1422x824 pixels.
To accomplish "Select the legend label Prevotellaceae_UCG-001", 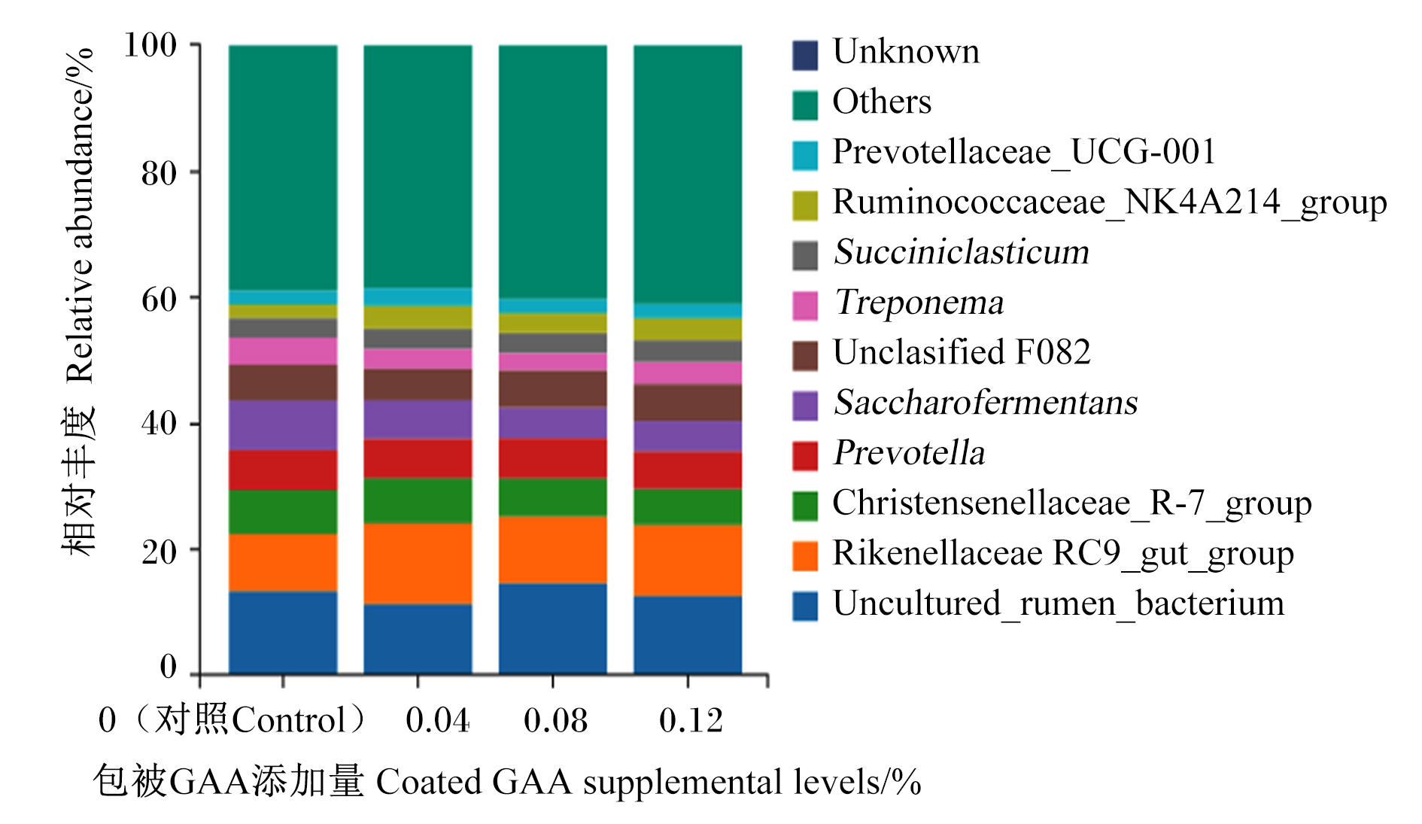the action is pos(1024,152).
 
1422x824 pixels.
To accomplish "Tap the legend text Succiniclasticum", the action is pos(962,252).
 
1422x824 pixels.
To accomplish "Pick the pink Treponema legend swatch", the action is pos(804,306).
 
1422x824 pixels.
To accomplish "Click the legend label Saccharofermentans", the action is pos(986,403).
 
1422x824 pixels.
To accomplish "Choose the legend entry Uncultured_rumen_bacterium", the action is pos(1059,604).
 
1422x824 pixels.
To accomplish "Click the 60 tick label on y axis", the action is pos(160,299).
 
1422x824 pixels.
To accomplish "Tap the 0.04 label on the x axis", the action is pos(438,720).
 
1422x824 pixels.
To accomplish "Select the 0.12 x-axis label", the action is pos(691,720).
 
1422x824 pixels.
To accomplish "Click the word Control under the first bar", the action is pos(289,720).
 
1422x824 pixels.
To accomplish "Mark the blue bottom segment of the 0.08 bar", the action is pos(553,628).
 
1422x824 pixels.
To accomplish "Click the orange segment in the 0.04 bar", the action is pos(418,563).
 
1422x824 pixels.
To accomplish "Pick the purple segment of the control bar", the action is pos(283,425).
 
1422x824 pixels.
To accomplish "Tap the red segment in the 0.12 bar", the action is pos(688,470).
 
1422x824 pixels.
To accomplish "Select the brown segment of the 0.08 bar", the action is pos(553,389).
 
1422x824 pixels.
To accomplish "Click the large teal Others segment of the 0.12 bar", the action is pos(688,175).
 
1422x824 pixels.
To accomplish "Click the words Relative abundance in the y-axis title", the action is pos(79,216).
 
